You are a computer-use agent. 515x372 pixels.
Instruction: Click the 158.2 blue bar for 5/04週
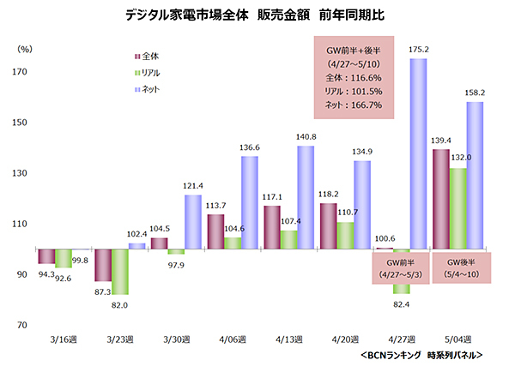(475, 176)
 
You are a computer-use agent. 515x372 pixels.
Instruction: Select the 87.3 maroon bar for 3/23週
(101, 265)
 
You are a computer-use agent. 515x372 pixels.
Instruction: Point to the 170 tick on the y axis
(18, 73)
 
